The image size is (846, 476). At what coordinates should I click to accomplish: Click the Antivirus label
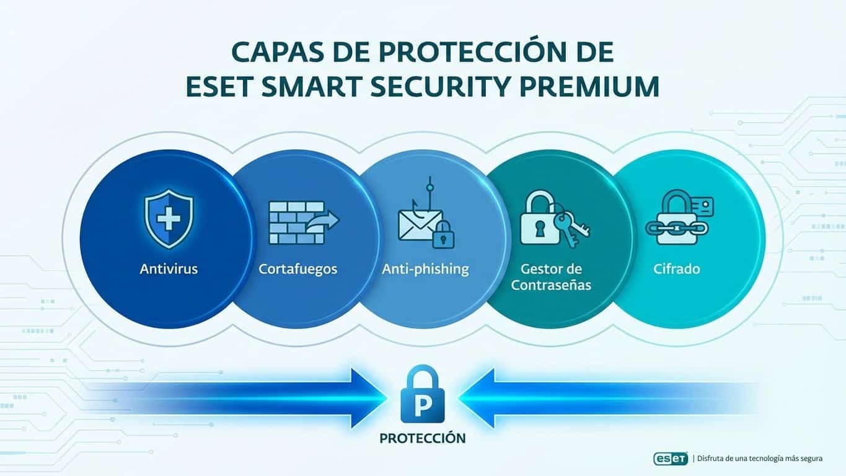pos(169,270)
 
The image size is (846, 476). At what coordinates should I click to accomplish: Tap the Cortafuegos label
pos(298,270)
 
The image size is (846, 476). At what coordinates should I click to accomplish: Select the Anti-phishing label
pos(425,270)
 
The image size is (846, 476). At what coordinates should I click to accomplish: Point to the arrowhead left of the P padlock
pos(369,397)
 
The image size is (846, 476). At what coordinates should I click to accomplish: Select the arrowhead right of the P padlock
pos(477,397)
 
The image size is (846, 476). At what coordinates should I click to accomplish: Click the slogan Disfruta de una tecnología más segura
pos(760,459)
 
